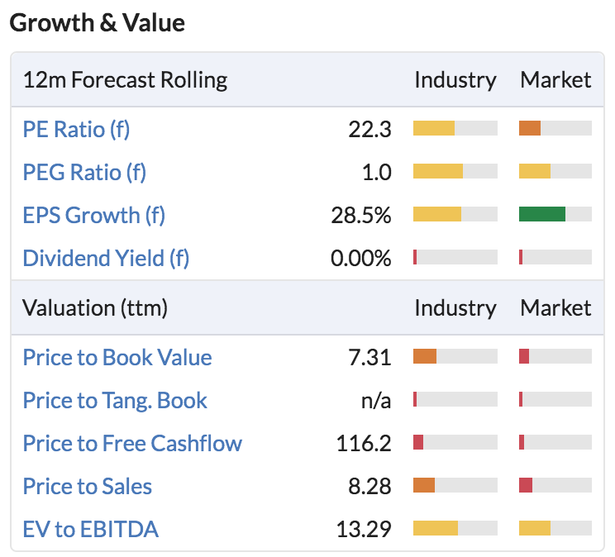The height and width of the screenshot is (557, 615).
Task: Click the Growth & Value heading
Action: (97, 23)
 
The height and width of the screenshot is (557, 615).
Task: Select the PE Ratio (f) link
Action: (76, 130)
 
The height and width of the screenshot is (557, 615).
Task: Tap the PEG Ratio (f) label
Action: (84, 173)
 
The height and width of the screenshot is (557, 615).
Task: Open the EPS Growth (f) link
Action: (93, 216)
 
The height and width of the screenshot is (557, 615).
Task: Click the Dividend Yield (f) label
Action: (106, 259)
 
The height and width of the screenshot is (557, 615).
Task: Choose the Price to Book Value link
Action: (117, 357)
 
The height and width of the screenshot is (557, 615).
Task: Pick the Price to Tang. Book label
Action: (115, 401)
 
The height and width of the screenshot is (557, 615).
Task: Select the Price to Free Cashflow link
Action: (132, 443)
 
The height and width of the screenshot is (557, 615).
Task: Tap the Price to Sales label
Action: (87, 487)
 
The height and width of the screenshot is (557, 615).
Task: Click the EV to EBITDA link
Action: (91, 529)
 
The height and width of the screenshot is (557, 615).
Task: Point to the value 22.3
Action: (369, 130)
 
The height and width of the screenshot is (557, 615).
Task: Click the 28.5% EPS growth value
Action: (361, 216)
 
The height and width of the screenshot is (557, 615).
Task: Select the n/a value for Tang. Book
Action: (376, 401)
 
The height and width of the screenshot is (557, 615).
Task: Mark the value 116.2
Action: (364, 444)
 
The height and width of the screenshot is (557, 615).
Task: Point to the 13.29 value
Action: (364, 530)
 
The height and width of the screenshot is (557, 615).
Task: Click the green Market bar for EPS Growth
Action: (542, 214)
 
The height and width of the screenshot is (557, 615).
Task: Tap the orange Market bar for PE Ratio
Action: (530, 128)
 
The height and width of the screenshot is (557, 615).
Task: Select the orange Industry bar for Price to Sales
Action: (424, 485)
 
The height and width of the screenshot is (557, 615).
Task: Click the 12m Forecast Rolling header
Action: (125, 80)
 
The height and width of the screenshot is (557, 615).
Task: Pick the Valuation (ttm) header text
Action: (95, 308)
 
